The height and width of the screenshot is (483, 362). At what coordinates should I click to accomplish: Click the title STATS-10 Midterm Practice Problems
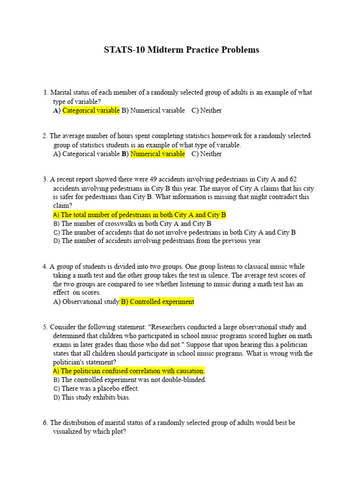click(181, 50)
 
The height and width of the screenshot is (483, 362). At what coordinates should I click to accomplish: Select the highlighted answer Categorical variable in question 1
click(91, 110)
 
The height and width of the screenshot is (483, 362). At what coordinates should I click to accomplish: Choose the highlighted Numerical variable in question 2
click(157, 154)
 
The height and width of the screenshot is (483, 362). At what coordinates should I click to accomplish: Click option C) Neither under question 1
click(206, 110)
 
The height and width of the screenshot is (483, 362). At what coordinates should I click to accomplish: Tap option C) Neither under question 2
click(206, 154)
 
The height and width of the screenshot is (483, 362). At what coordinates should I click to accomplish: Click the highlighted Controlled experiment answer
click(157, 302)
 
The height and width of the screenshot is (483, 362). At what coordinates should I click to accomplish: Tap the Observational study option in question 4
click(86, 302)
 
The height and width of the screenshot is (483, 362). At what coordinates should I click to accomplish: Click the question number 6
click(45, 423)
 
